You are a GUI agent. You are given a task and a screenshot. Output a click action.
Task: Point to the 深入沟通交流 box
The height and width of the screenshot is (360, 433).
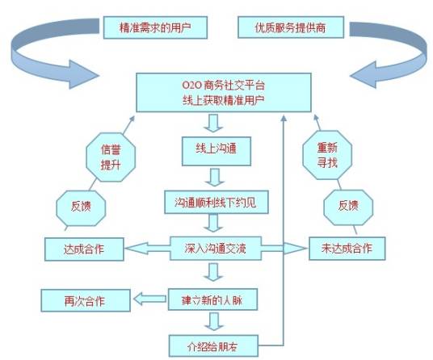215,248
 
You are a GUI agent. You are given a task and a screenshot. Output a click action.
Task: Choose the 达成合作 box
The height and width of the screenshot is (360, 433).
84,248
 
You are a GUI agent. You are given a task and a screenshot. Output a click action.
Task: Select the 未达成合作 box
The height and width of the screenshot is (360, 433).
344,248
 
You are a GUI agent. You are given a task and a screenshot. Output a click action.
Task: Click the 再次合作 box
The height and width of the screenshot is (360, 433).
84,300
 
